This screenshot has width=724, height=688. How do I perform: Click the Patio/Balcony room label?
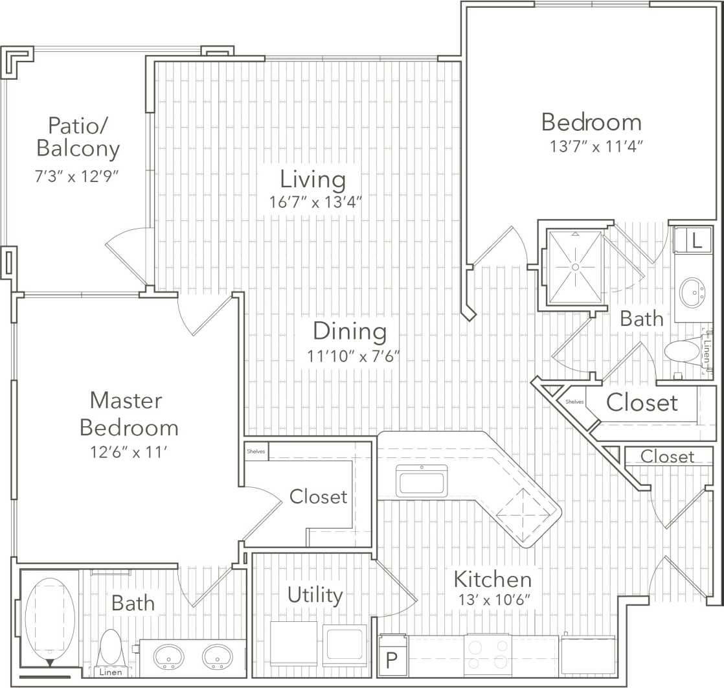(x=78, y=136)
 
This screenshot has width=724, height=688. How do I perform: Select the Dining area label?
(x=350, y=331)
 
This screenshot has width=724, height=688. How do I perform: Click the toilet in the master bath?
(x=111, y=647)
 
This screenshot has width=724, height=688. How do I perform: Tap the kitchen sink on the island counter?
(x=422, y=483)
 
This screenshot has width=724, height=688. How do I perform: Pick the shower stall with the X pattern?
(x=575, y=267)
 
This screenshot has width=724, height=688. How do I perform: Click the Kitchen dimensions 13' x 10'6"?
(x=492, y=599)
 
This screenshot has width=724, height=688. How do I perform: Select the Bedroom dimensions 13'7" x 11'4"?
(x=596, y=146)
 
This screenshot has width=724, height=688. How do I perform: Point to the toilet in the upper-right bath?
(x=681, y=352)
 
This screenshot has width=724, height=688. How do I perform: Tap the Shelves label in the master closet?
(x=256, y=452)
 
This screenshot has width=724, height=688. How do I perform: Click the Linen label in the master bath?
(x=111, y=672)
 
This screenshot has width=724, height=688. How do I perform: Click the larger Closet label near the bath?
(x=642, y=403)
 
